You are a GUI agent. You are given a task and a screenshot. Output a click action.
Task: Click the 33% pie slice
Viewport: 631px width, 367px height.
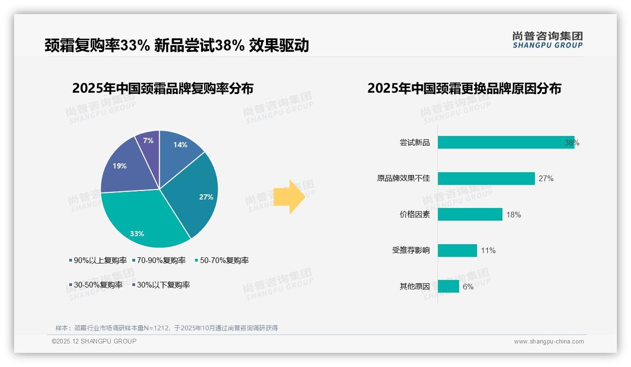[141, 221]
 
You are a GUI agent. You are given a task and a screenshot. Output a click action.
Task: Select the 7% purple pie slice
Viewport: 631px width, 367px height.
[149, 144]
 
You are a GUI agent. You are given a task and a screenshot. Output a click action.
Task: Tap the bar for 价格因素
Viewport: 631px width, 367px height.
[470, 215]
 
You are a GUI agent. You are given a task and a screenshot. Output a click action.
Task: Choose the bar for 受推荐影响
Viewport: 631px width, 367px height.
[457, 250]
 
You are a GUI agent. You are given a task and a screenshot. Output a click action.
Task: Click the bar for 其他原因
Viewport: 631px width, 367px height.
[448, 286]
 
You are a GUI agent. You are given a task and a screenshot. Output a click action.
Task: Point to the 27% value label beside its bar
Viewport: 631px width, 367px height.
[546, 179]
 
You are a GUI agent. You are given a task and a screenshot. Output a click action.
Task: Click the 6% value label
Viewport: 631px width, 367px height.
[468, 287]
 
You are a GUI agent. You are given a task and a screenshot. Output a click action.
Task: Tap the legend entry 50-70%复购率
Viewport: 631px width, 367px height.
[222, 260]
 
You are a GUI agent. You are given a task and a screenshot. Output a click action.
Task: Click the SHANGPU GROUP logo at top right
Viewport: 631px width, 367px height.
[547, 40]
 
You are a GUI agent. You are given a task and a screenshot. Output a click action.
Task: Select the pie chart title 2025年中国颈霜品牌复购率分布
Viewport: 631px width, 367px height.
[163, 88]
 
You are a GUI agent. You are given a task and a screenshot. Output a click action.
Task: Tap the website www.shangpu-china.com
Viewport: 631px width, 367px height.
[549, 341]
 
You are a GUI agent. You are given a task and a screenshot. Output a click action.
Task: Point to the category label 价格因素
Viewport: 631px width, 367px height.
[414, 215]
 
